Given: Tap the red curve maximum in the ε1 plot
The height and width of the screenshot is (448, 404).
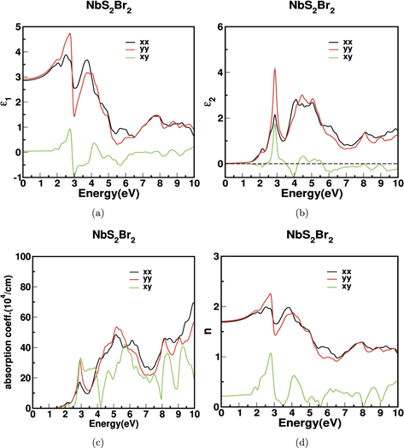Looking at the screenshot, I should tap(70, 34).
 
